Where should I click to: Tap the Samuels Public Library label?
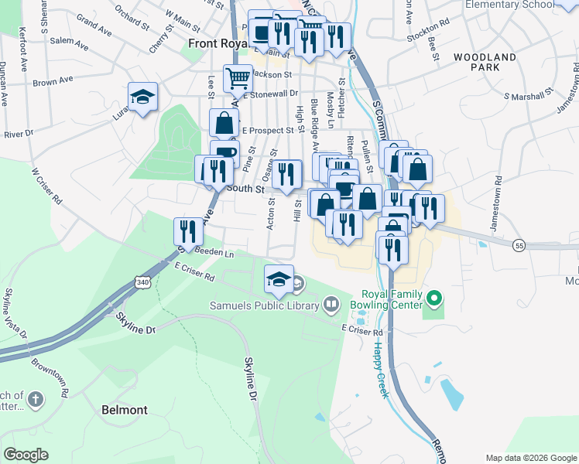[x=264, y=305]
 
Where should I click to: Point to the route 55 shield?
[x=519, y=245]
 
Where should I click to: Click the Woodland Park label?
[x=485, y=63]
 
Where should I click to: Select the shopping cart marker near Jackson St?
[x=238, y=77]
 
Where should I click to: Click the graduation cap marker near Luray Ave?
[x=142, y=97]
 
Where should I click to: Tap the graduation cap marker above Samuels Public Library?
[x=279, y=280]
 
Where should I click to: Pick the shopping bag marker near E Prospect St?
[x=224, y=123]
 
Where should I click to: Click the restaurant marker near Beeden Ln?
[x=188, y=231]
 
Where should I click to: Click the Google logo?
[x=26, y=455]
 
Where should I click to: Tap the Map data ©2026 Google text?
[x=530, y=458]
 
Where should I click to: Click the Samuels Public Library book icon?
[x=331, y=305]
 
